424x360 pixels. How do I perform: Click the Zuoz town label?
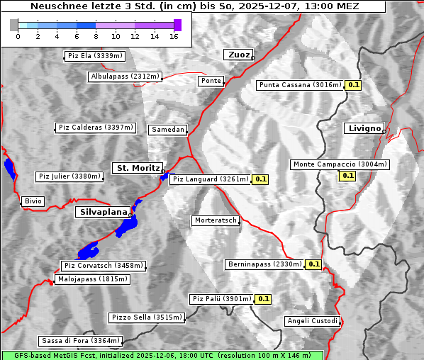238,55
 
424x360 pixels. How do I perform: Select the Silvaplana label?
104,212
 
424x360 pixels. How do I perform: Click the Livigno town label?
364,128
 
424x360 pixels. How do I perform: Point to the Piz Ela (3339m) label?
94,56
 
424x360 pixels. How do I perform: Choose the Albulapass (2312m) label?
125,77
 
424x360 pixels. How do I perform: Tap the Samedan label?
168,130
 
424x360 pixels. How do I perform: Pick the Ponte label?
211,81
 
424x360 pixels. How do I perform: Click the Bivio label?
33,201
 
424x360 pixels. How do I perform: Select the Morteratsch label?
216,220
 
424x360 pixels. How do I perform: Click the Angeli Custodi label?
313,321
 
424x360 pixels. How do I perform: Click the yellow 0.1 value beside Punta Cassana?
354,85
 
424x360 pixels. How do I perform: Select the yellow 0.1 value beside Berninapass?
314,264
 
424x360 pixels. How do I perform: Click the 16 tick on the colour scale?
174,36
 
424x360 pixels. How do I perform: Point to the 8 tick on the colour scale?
95,36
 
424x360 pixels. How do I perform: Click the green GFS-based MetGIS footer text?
162,355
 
